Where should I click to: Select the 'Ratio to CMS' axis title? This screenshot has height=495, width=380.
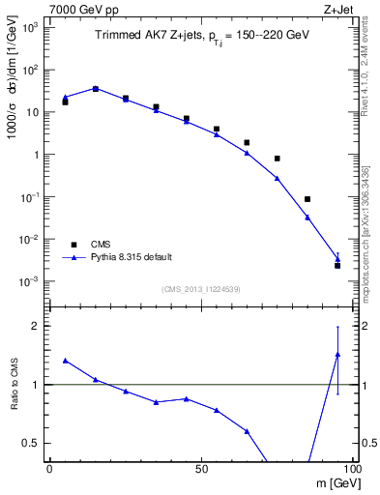tap(13, 387)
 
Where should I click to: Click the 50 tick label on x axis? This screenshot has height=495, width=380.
tap(201, 468)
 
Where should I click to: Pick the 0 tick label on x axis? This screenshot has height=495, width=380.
tap(49, 468)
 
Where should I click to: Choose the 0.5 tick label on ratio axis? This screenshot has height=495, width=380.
tap(31, 443)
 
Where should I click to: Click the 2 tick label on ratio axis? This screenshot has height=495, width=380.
tap(36, 326)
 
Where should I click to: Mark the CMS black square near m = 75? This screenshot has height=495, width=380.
tap(277, 159)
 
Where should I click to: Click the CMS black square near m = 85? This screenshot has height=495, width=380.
tap(307, 199)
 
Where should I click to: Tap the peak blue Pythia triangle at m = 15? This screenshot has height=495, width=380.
tap(95, 88)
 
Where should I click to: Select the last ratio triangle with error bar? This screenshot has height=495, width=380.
tap(337, 354)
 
